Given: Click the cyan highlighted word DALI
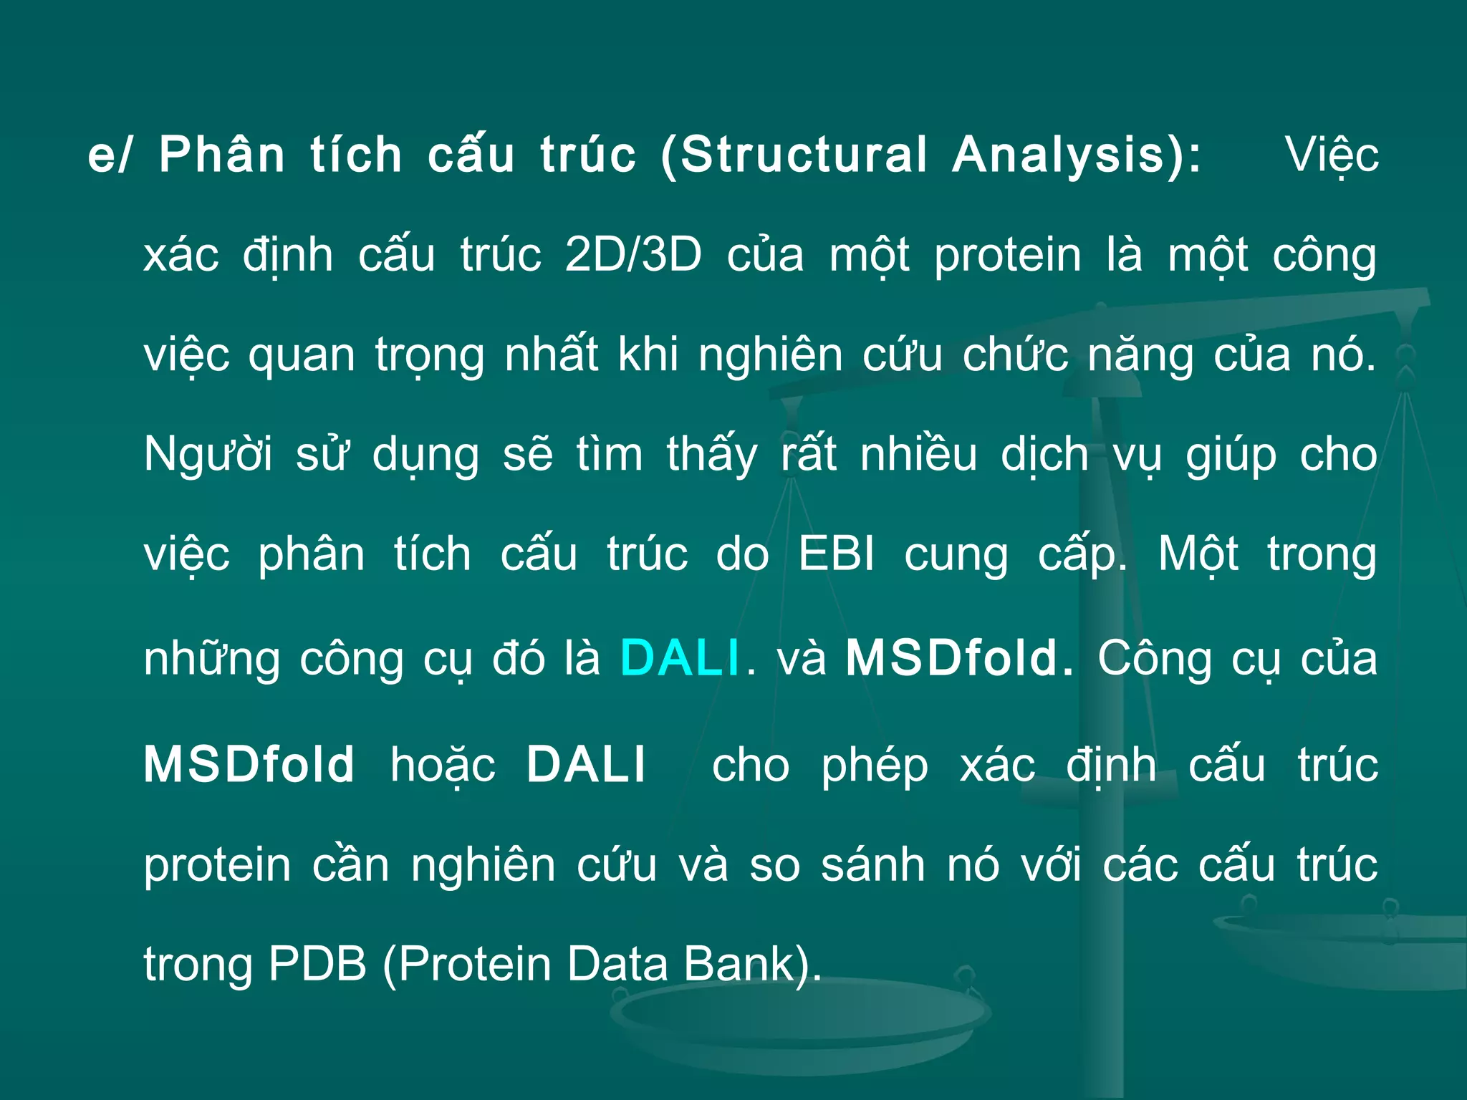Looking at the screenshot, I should (x=679, y=657).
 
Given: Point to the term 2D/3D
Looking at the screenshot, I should (x=633, y=255).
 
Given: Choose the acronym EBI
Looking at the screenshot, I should (x=837, y=554).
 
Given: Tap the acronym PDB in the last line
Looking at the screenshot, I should (x=317, y=964).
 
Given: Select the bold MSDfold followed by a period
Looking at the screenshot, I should (x=958, y=657).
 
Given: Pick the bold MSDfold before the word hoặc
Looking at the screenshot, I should (x=249, y=764).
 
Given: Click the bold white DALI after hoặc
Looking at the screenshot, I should (x=586, y=764).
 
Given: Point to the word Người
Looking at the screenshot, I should (x=208, y=455).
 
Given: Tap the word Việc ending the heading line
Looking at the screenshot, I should (x=1332, y=156).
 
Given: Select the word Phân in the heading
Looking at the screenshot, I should (x=222, y=155).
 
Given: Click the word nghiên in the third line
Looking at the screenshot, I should (x=770, y=356).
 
